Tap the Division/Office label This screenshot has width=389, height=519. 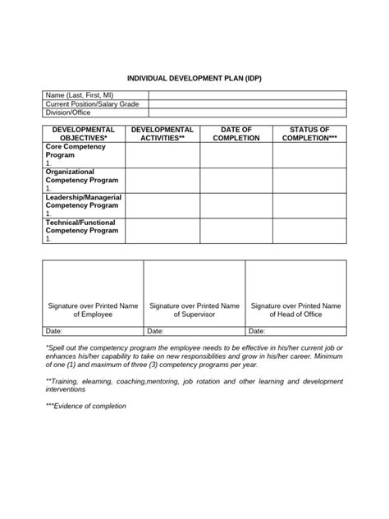click(x=70, y=113)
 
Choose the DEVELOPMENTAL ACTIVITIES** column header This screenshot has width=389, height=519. click(x=162, y=134)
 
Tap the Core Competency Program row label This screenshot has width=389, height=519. click(x=79, y=149)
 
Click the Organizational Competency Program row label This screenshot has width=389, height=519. click(x=81, y=175)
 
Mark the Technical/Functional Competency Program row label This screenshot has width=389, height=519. click(x=81, y=227)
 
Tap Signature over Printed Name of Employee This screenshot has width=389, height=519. click(x=93, y=309)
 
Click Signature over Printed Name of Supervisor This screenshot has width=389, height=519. click(x=194, y=309)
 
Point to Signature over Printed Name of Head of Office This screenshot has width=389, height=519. click(x=295, y=309)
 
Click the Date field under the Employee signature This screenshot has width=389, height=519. click(x=93, y=331)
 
